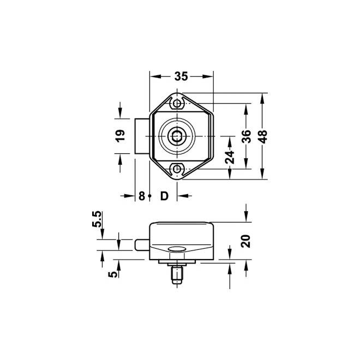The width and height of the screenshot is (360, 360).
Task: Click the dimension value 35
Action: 182,77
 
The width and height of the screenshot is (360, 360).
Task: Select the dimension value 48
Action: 263,136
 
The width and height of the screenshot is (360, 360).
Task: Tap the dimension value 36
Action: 246,136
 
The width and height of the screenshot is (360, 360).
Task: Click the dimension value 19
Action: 121,135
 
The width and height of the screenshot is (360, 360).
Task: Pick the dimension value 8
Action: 141,196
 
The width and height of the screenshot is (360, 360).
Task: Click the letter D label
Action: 164,196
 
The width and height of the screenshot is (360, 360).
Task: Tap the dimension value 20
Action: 246,241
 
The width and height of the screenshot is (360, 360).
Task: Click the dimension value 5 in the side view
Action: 113,274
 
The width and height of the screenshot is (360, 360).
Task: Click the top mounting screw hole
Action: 178,102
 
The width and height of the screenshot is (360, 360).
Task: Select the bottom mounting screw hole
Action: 178,170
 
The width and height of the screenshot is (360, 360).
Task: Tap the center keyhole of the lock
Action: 178,136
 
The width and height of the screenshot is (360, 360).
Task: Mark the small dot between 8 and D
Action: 150,196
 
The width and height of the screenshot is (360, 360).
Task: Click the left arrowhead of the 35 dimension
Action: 153,77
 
